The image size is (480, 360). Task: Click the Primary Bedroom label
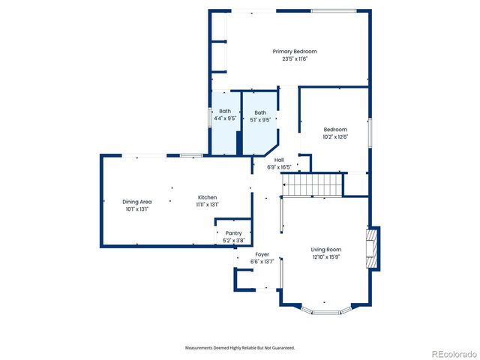point(295,51)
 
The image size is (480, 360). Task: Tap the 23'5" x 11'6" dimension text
point(295,58)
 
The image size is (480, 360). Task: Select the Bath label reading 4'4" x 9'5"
point(225,112)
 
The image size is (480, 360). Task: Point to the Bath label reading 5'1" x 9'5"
point(260,112)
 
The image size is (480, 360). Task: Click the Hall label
point(279,160)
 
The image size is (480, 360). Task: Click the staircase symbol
point(311,183)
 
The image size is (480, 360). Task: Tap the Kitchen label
point(207,197)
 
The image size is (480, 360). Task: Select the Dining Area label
point(137,201)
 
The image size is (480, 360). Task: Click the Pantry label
point(234,233)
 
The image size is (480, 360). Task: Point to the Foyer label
point(262,254)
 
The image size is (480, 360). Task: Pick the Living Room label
point(326,249)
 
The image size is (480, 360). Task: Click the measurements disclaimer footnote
point(240,348)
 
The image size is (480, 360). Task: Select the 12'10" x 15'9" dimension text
point(326,256)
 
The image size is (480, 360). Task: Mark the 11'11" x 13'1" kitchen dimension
point(207,205)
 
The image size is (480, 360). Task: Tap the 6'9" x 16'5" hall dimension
point(279,167)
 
